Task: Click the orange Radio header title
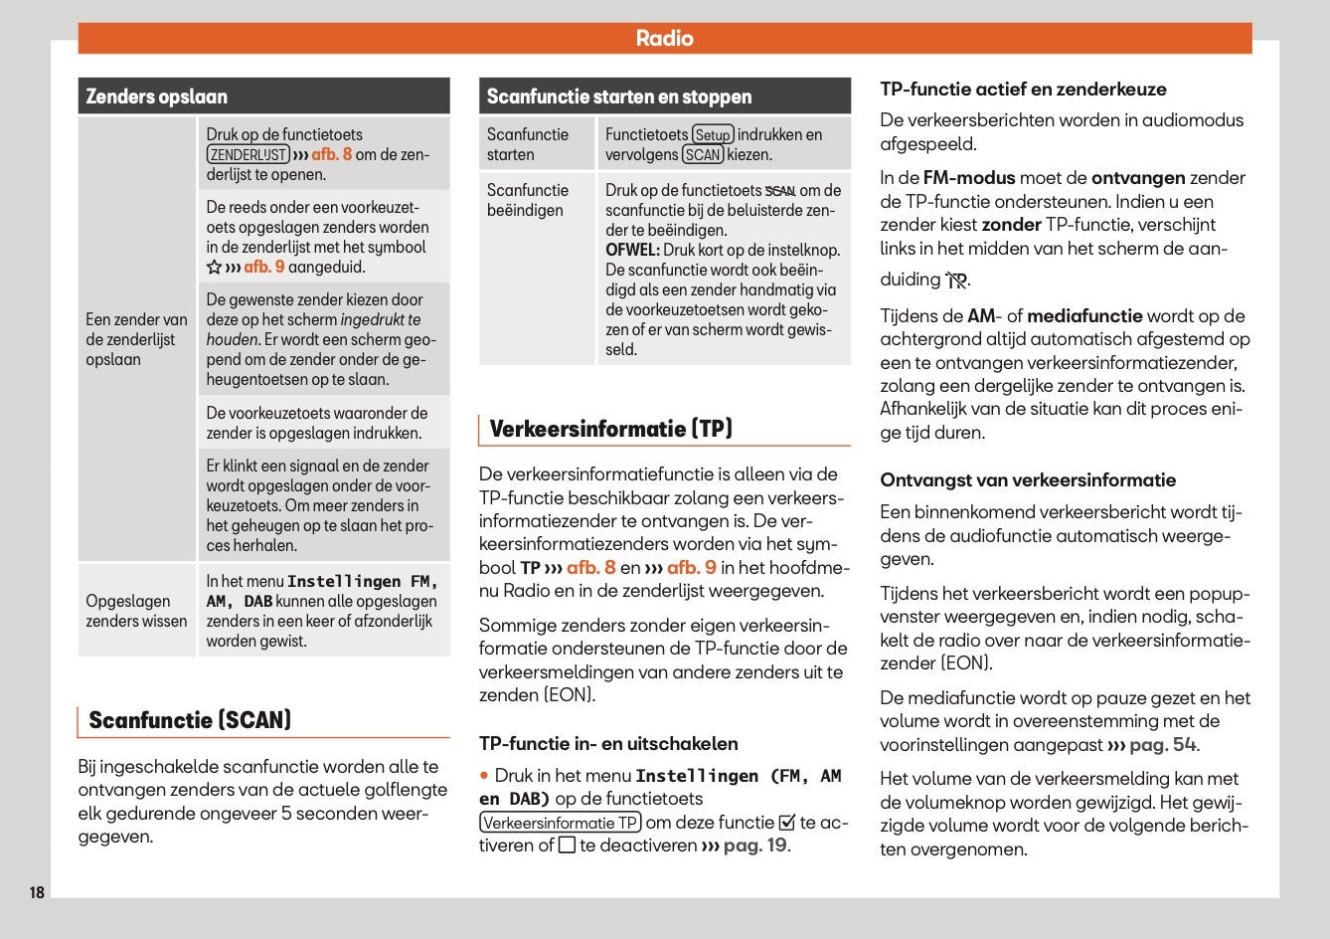[x=664, y=39]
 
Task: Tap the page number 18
[x=37, y=892]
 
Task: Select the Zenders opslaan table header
[x=157, y=96]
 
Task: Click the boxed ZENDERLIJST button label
[x=248, y=155]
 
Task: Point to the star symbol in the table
[x=214, y=268]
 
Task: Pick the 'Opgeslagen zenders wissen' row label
[x=136, y=611]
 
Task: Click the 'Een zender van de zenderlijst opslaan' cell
[x=136, y=339]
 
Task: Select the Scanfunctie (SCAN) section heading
[x=190, y=720]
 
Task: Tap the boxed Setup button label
[x=712, y=135]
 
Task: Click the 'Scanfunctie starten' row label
[x=528, y=144]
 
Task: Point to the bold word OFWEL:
[x=632, y=251]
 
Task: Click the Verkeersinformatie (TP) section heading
[x=610, y=429]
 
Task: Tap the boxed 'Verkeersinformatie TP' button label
[x=561, y=823]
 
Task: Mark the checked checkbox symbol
[x=787, y=823]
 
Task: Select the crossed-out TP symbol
[x=955, y=281]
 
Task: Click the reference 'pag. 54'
[x=1161, y=745]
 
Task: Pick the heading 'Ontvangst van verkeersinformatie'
[x=1028, y=480]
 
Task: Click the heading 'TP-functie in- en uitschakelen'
[x=608, y=744]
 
